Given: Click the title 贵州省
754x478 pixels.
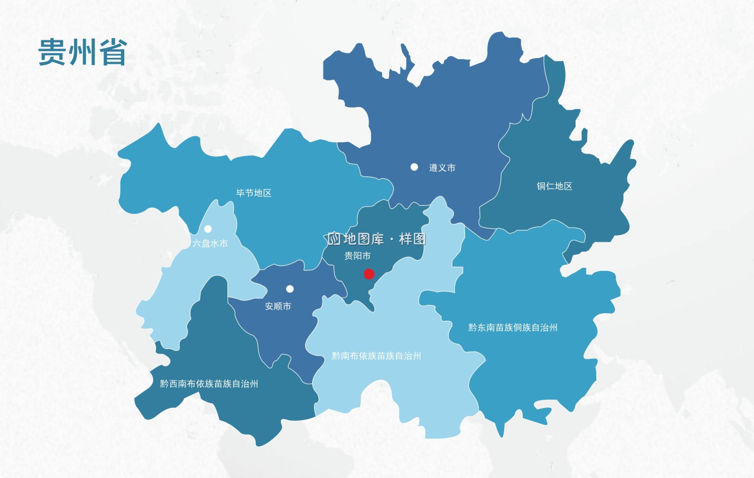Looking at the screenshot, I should tap(82, 52).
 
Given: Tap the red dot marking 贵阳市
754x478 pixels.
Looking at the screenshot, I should tap(369, 274).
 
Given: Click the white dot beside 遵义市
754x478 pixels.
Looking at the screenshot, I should tap(414, 167).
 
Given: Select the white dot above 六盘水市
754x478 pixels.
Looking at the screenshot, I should tap(208, 229).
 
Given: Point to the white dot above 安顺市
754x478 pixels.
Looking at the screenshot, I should tap(290, 289).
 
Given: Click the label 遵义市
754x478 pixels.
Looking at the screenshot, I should tap(442, 168).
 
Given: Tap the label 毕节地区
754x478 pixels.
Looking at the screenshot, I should tap(254, 193).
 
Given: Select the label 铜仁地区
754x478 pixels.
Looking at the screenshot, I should tap(554, 186).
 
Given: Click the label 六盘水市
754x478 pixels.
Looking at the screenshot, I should tap(210, 243).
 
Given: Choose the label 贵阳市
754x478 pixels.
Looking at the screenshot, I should tap(357, 256).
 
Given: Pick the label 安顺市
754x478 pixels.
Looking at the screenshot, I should tap(278, 306).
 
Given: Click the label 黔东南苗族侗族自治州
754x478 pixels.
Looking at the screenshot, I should tap(513, 328).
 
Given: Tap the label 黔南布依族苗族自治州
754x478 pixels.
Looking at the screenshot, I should tap(376, 356).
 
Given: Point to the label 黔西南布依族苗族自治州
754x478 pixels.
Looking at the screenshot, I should tap(209, 384).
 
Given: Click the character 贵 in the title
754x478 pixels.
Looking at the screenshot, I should tap(52, 52).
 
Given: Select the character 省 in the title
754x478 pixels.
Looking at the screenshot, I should tap(113, 52).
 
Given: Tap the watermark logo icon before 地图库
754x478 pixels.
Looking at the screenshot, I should tap(334, 239).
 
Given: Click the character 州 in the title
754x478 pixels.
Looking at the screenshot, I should tap(82, 52).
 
